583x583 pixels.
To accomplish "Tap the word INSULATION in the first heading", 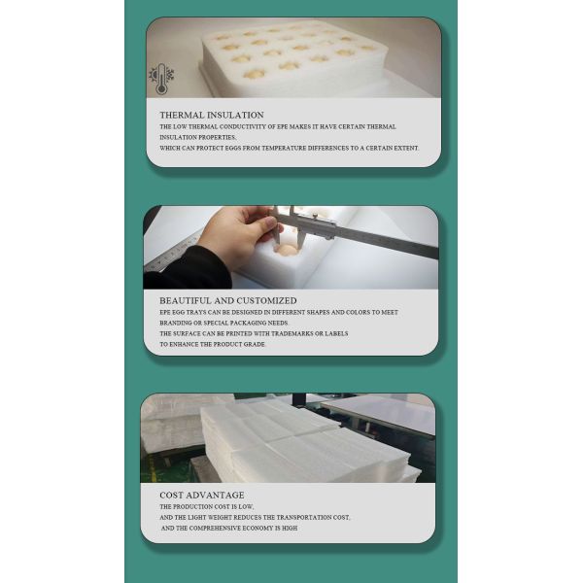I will [x=238, y=115].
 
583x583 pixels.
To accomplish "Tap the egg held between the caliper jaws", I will [x=288, y=250].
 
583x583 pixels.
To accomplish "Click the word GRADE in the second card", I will [x=252, y=344].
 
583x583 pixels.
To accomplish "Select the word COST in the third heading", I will [x=172, y=496].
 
